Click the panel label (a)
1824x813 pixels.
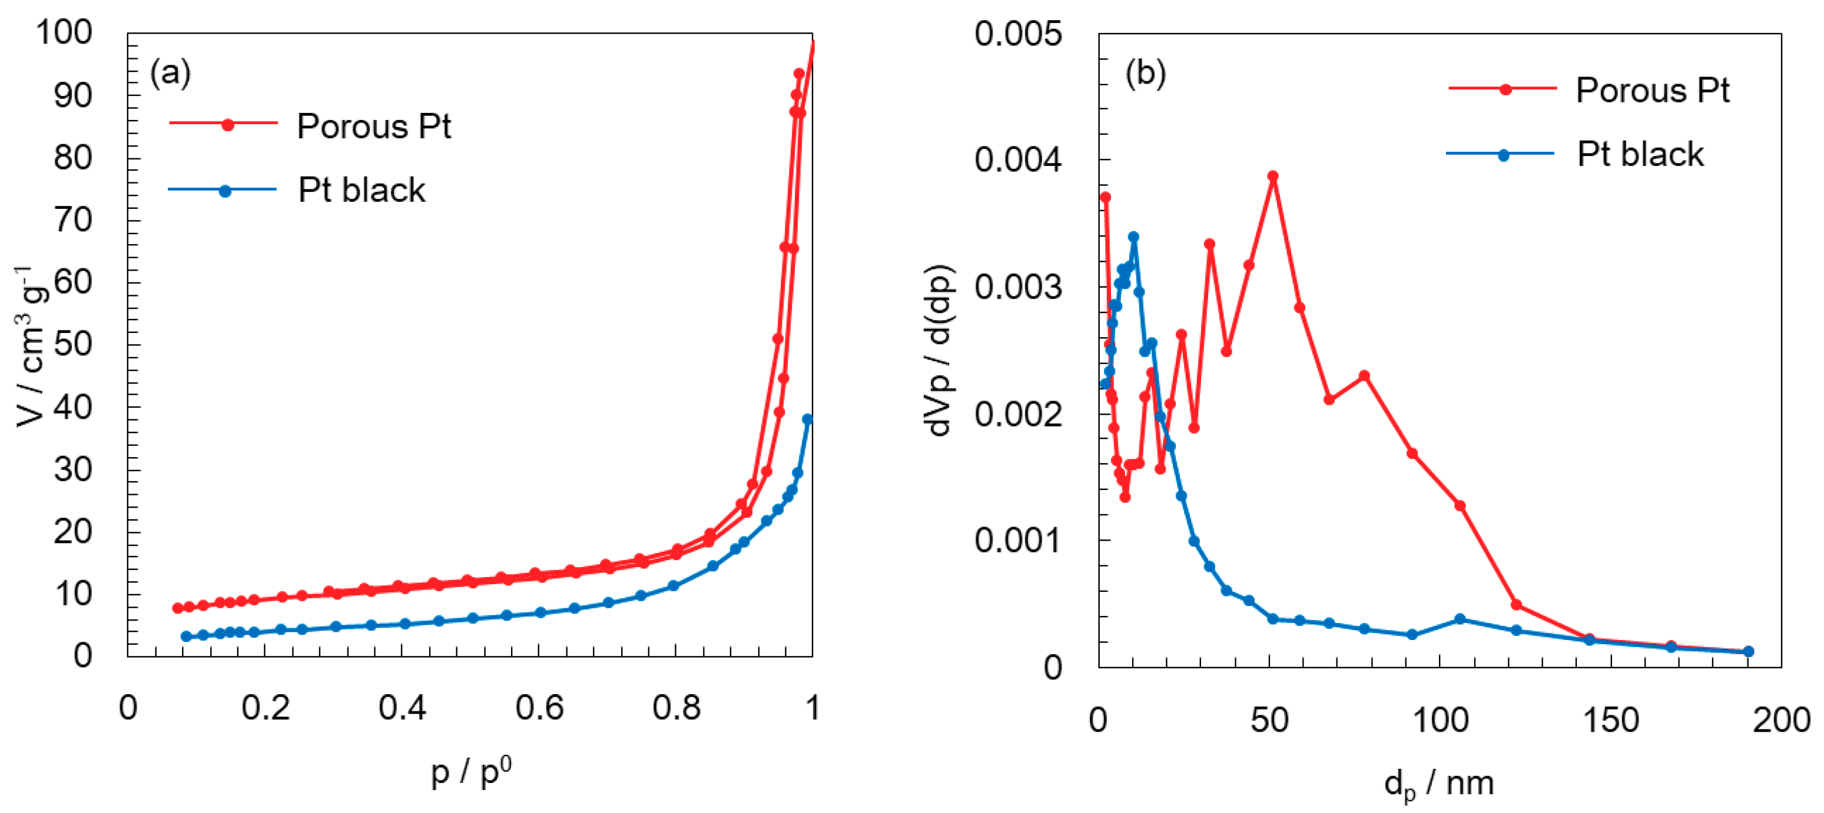click(170, 73)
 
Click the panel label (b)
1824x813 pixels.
click(1145, 73)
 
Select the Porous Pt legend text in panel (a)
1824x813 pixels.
click(373, 126)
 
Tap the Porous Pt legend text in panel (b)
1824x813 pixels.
click(1652, 91)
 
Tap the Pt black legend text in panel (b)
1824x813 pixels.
click(1640, 154)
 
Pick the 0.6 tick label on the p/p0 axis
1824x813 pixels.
click(539, 708)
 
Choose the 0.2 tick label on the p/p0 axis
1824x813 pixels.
click(265, 708)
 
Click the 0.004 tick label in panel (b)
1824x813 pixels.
click(1017, 160)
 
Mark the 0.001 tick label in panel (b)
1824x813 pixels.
click(1017, 541)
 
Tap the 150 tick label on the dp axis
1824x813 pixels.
click(1610, 720)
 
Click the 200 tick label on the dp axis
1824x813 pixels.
click(1781, 720)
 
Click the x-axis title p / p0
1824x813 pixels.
click(471, 772)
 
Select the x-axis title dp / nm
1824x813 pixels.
click(1439, 785)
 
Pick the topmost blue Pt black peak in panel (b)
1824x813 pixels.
click(1133, 237)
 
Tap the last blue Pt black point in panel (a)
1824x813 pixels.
click(807, 419)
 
